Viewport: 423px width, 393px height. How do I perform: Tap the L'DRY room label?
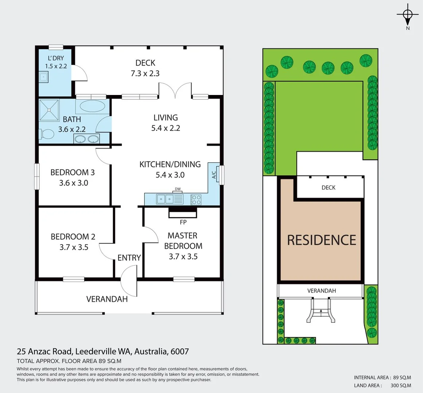pos(56,58)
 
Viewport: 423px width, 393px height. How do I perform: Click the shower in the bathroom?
pos(49,110)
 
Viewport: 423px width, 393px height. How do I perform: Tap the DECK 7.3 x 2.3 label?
pos(145,68)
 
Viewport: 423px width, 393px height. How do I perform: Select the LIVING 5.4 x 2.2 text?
pos(166,123)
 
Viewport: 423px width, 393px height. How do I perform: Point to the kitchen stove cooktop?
pos(196,199)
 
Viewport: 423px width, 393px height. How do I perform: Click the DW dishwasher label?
pos(178,189)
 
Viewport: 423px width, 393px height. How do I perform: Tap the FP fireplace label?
pos(183,222)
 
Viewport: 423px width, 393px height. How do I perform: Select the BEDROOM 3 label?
pos(72,172)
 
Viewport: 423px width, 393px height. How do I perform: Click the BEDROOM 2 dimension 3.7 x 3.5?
pos(74,247)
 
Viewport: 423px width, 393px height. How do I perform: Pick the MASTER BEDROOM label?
pos(183,241)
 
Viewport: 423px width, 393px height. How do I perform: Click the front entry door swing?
pos(129,280)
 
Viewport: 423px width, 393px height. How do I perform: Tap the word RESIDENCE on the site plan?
pos(321,240)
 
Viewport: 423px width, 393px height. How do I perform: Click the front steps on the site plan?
pos(321,311)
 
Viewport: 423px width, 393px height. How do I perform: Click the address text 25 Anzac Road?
pos(45,352)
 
